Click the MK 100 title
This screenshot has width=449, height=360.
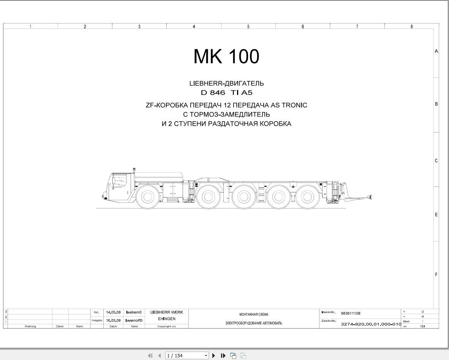[226, 56]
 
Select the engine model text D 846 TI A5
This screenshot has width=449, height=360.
[226, 93]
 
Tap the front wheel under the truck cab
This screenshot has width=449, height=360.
[147, 197]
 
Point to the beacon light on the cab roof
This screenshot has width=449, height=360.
[134, 170]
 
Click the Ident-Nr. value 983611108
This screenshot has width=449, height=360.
[350, 313]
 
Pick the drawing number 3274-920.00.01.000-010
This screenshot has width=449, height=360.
[371, 324]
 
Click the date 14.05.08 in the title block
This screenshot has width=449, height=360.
[113, 312]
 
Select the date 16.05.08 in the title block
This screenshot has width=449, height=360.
[113, 320]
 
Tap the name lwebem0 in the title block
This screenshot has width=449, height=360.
[134, 312]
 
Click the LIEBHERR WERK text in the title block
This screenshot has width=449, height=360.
[166, 312]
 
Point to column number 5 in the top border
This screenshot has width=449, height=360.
[248, 27]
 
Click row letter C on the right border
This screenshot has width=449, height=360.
[436, 161]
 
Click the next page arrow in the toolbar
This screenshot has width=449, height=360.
[214, 356]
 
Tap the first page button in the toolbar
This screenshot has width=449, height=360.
[150, 356]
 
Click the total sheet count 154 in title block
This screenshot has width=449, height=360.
[422, 326]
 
